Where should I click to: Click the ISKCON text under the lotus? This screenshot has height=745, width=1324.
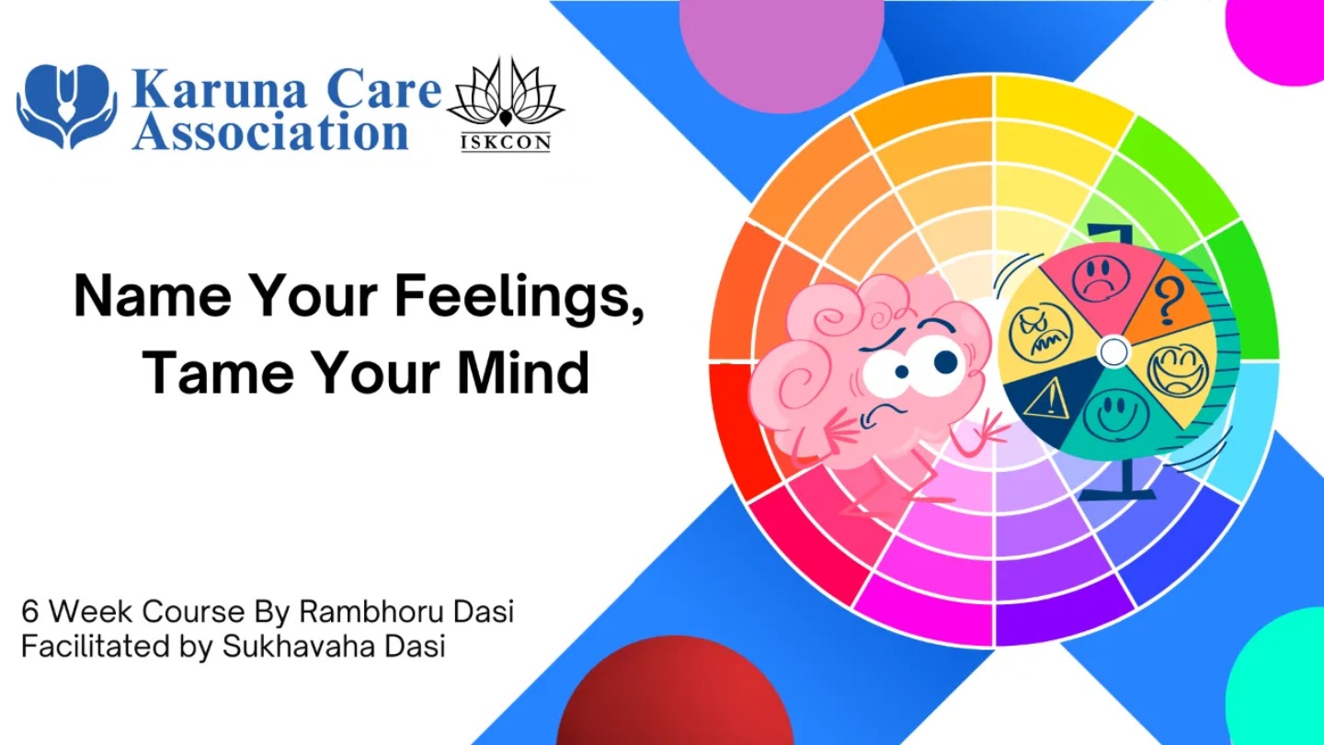[x=506, y=143]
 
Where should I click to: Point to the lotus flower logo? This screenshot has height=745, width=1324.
[x=506, y=92]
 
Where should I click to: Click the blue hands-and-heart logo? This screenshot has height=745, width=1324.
[x=66, y=105]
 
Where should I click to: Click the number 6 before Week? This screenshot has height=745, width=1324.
[x=29, y=612]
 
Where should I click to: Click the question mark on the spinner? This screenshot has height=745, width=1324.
[x=1168, y=302]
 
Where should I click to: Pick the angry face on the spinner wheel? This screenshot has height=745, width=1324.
[x=1040, y=332]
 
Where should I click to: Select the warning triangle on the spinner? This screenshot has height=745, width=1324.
[x=1046, y=398]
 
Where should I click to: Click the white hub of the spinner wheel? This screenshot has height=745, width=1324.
[x=1113, y=351]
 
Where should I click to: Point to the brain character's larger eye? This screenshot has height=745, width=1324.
[x=941, y=361]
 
